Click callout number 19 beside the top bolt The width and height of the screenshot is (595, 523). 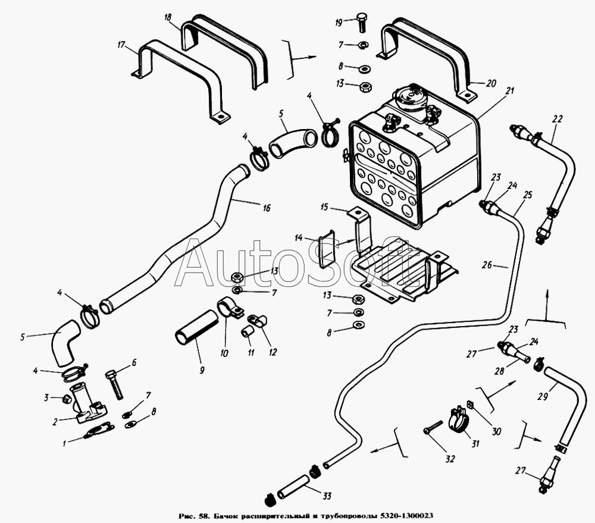point(339,22)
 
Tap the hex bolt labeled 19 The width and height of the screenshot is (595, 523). point(361,21)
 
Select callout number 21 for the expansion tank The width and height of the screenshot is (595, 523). point(509,91)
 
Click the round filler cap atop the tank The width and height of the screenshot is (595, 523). point(410,95)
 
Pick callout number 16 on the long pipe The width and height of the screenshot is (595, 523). point(266,208)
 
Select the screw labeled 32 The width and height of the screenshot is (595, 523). point(433,428)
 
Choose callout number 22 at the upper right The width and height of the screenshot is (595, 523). point(556,119)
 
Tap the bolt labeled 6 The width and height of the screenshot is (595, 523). point(115,384)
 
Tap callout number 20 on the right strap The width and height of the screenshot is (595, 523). point(490,84)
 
